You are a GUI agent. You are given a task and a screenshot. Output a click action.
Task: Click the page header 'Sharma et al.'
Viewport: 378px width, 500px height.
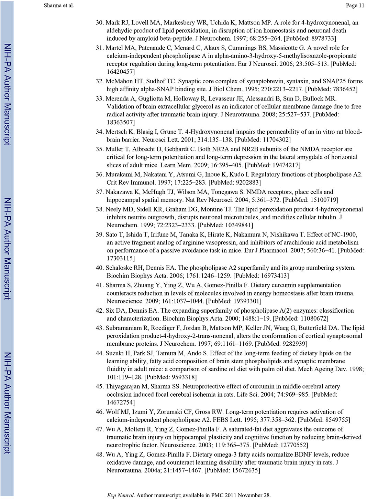(59, 5)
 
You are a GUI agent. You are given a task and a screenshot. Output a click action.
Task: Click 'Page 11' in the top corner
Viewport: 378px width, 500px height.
(355, 5)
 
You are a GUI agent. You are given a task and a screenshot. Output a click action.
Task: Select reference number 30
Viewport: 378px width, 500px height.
(99, 23)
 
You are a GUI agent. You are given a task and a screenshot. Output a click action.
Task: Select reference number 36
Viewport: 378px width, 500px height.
(99, 175)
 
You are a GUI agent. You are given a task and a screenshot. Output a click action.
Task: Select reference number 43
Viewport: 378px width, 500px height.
(99, 328)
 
